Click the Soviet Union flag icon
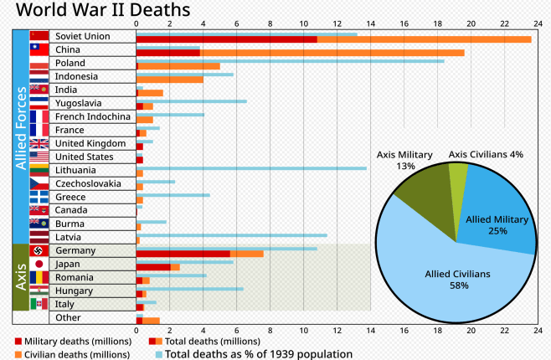tap(39, 36)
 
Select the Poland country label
tap(70, 63)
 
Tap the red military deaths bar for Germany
tap(183, 254)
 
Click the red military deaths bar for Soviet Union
tap(226, 39)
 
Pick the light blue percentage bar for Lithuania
tap(251, 168)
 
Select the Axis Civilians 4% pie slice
tap(457, 175)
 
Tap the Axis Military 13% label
tap(404, 160)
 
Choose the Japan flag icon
tap(39, 264)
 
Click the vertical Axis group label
tap(21, 277)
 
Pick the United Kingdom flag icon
tap(39, 143)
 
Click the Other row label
tap(68, 317)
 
